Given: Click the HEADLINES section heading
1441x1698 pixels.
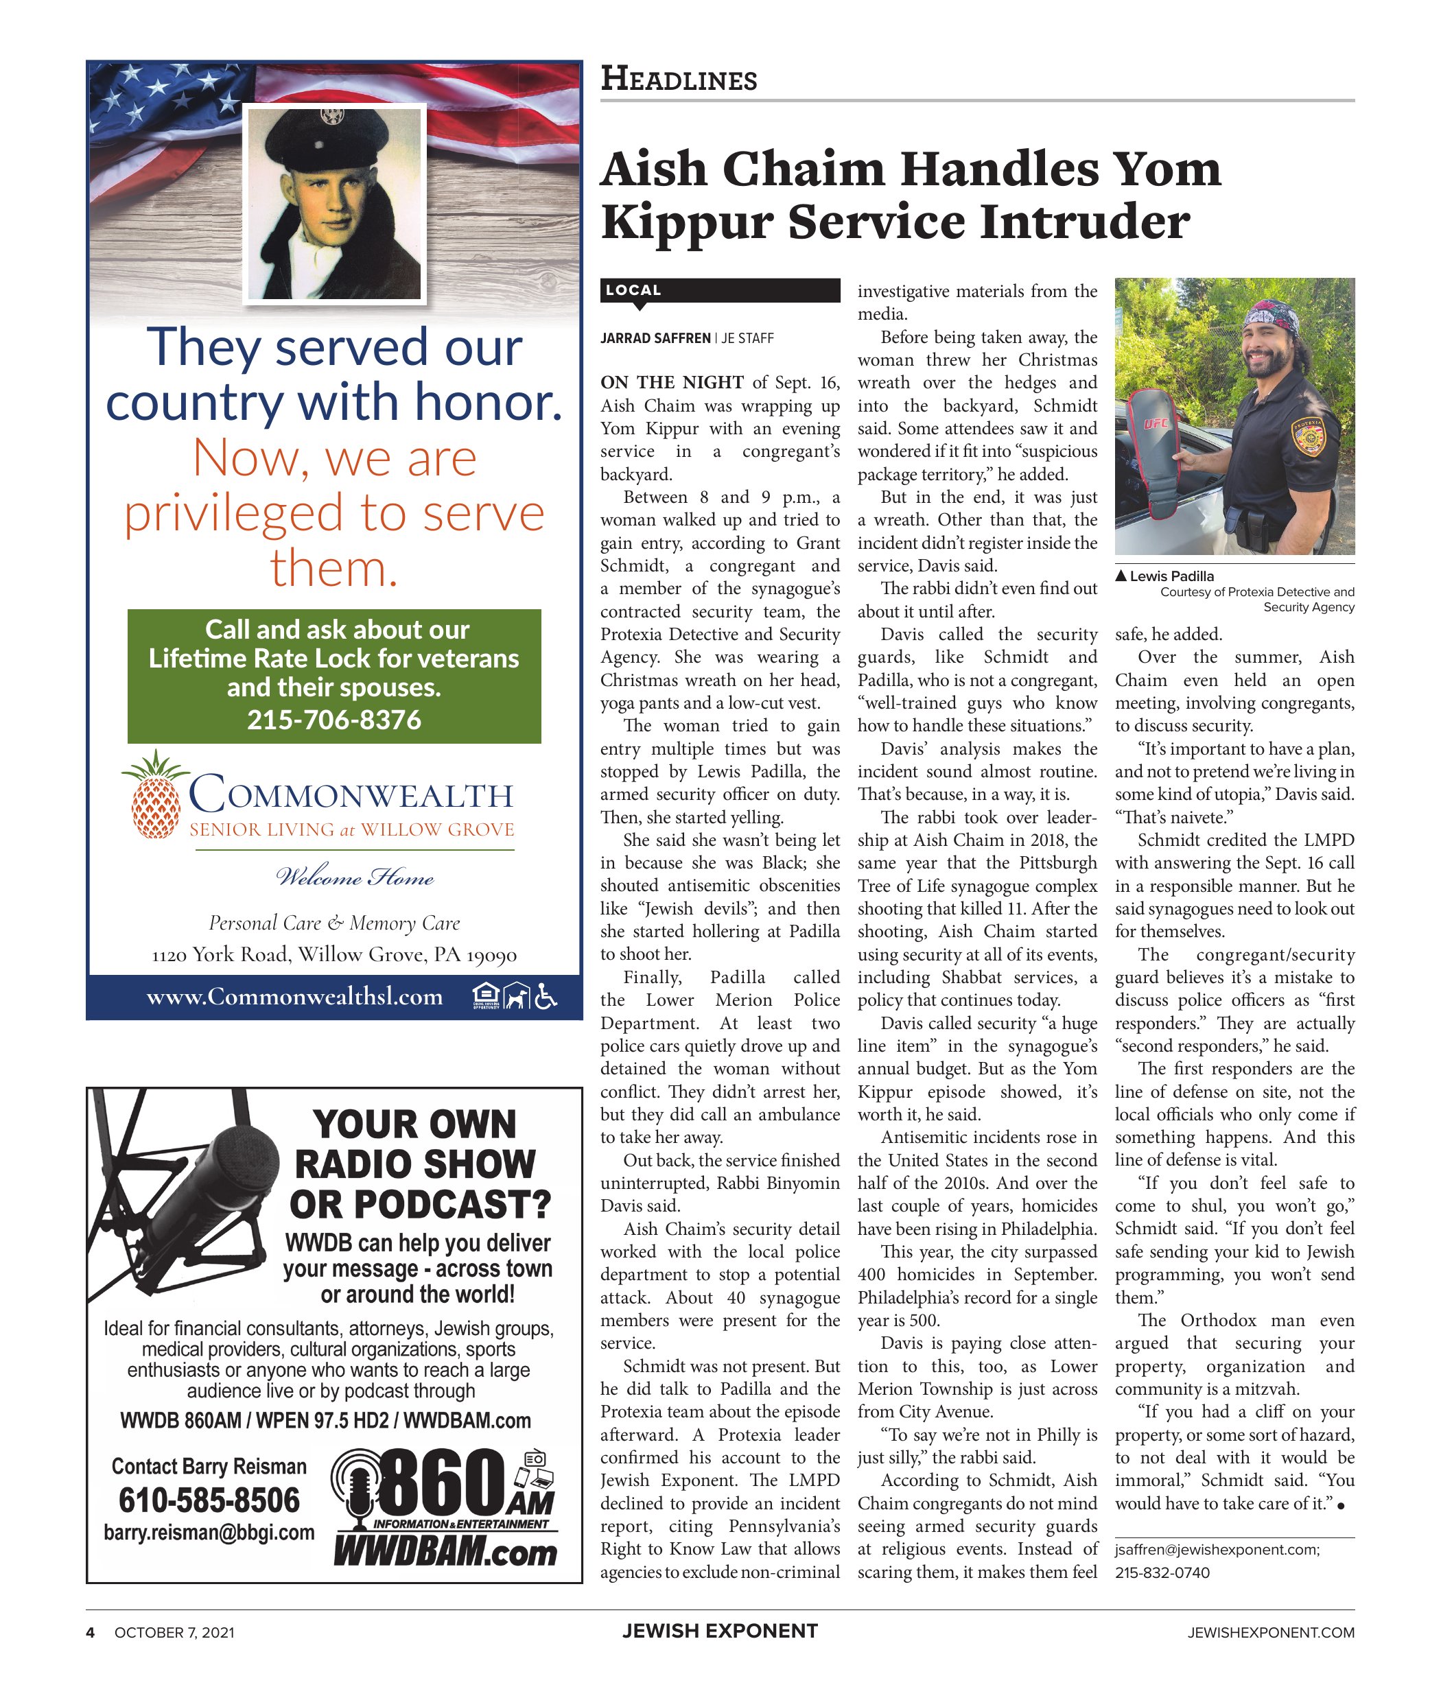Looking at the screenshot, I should pyautogui.click(x=679, y=79).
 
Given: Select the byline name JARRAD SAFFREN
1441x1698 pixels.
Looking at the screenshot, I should pyautogui.click(x=655, y=338).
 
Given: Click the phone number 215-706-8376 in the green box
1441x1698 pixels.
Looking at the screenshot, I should pyautogui.click(x=334, y=720).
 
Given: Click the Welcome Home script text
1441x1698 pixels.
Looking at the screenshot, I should pyautogui.click(x=355, y=878).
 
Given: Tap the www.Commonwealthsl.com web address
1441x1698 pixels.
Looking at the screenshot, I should pyautogui.click(x=294, y=996).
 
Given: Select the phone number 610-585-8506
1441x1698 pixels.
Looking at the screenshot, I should pyautogui.click(x=209, y=1500).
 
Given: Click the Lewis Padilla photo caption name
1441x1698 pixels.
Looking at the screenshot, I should pyautogui.click(x=1171, y=576).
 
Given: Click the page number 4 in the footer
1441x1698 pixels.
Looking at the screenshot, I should pyautogui.click(x=91, y=1633).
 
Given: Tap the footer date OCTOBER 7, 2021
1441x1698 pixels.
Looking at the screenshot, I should pyautogui.click(x=174, y=1633).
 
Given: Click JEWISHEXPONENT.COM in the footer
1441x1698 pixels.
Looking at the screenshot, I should pyautogui.click(x=1271, y=1633).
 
